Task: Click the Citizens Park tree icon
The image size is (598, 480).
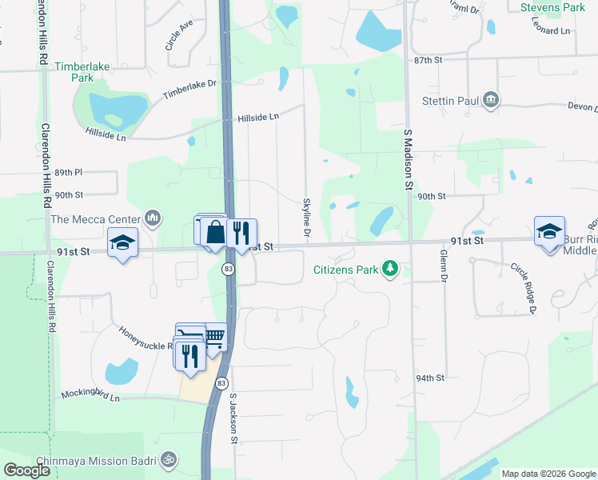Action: [x=390, y=269]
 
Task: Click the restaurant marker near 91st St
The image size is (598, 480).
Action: [x=241, y=233]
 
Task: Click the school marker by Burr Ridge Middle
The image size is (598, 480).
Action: [x=549, y=231]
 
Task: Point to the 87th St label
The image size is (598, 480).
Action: [x=428, y=60]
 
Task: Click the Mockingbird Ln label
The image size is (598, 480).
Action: [x=90, y=396]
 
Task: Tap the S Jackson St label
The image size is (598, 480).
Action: [x=234, y=418]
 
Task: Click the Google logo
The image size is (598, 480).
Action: [x=26, y=470]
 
